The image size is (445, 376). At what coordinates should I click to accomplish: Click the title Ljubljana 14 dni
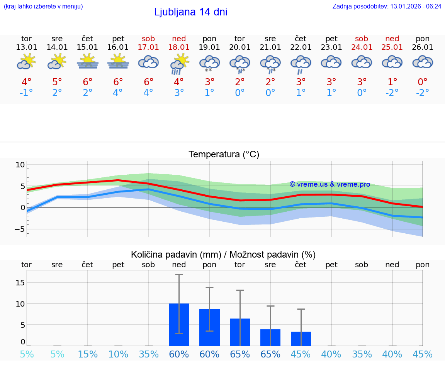(x=190, y=12)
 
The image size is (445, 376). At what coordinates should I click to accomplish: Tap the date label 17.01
(x=148, y=47)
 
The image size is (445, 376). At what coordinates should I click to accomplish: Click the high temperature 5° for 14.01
(x=57, y=82)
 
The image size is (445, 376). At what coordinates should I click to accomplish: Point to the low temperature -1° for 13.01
(x=26, y=93)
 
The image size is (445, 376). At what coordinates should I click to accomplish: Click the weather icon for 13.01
(x=26, y=62)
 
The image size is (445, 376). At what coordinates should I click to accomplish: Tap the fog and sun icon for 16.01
(x=118, y=62)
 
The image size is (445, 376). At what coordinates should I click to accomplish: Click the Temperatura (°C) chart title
(x=224, y=155)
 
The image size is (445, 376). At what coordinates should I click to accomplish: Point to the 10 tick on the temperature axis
(x=20, y=165)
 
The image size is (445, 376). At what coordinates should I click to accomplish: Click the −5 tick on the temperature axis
(x=19, y=229)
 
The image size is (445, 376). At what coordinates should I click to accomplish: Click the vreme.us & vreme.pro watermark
(x=330, y=184)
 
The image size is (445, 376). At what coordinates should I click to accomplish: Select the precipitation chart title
(x=223, y=255)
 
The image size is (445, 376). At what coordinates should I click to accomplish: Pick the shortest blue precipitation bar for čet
(x=301, y=339)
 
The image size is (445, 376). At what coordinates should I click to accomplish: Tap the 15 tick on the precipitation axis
(x=20, y=283)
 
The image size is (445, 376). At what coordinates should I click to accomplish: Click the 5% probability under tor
(x=27, y=354)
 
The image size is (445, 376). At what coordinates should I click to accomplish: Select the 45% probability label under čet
(x=301, y=354)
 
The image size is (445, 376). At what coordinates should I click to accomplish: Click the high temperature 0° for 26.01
(x=423, y=82)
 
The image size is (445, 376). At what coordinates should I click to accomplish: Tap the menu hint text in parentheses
(x=43, y=6)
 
